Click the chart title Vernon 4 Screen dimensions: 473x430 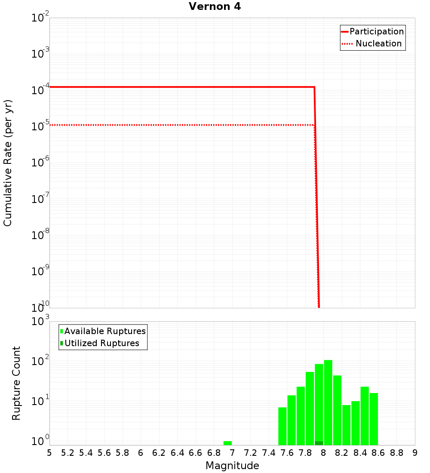point(215,6)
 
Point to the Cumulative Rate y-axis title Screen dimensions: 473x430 point(8,163)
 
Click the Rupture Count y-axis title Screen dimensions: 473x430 point(16,383)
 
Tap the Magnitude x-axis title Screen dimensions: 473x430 point(232,466)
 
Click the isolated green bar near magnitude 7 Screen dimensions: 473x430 point(227,443)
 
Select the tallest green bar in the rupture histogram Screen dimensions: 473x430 point(328,402)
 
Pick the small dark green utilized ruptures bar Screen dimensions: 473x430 point(319,443)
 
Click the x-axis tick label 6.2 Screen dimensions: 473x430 point(159,453)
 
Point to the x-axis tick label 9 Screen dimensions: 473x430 point(415,453)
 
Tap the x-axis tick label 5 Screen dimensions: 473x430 point(49,453)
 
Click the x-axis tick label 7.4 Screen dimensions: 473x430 point(268,453)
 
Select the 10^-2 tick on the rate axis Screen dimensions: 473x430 point(40,18)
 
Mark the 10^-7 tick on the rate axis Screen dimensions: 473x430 point(40,199)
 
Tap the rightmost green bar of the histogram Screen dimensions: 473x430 point(374,419)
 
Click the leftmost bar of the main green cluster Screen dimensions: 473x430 point(283,426)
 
